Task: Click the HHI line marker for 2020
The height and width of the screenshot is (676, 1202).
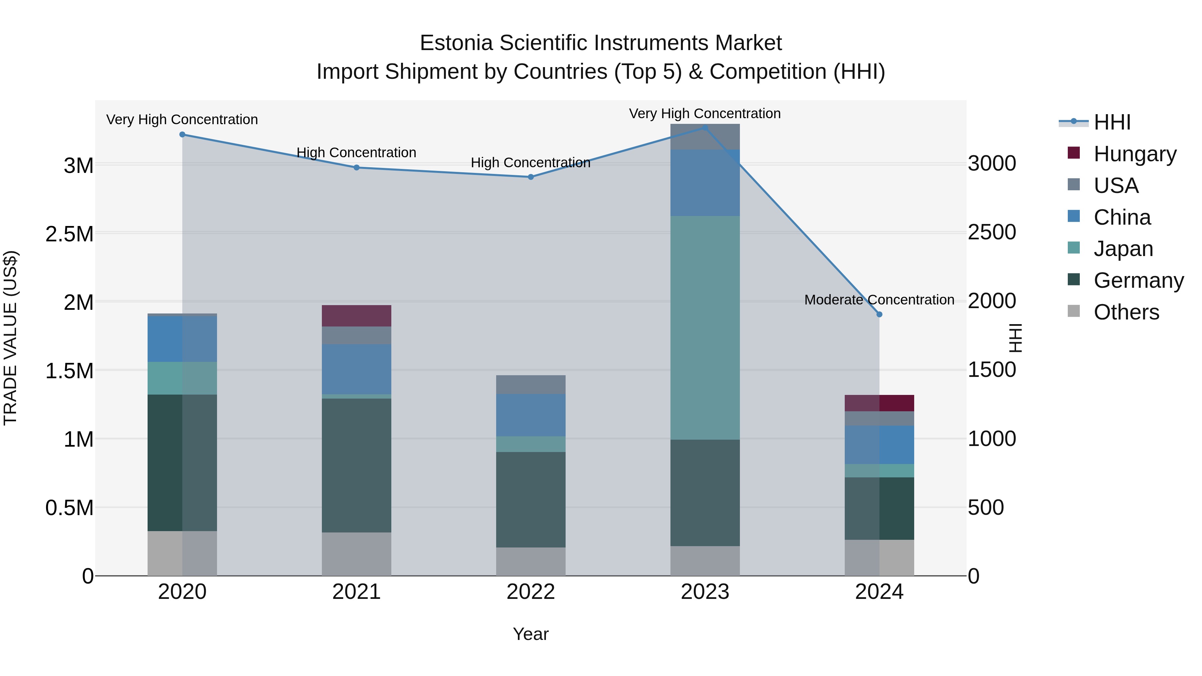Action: click(182, 134)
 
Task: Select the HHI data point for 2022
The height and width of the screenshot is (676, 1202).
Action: click(531, 177)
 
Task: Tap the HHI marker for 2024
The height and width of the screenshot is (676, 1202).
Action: click(879, 314)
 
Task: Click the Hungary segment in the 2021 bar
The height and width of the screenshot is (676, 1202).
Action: click(357, 316)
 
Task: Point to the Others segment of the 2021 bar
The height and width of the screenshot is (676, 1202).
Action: click(357, 554)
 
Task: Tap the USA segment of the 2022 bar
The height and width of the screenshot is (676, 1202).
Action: click(531, 385)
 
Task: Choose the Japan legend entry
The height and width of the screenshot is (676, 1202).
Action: click(1123, 249)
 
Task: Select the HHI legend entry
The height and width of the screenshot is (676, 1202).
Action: click(1112, 122)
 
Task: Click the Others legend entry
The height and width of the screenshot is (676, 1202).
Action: click(1126, 312)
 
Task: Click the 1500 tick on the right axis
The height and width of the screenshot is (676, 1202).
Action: click(992, 370)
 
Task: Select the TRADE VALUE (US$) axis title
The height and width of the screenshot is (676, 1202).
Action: click(10, 338)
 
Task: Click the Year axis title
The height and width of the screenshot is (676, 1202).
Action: click(531, 634)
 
